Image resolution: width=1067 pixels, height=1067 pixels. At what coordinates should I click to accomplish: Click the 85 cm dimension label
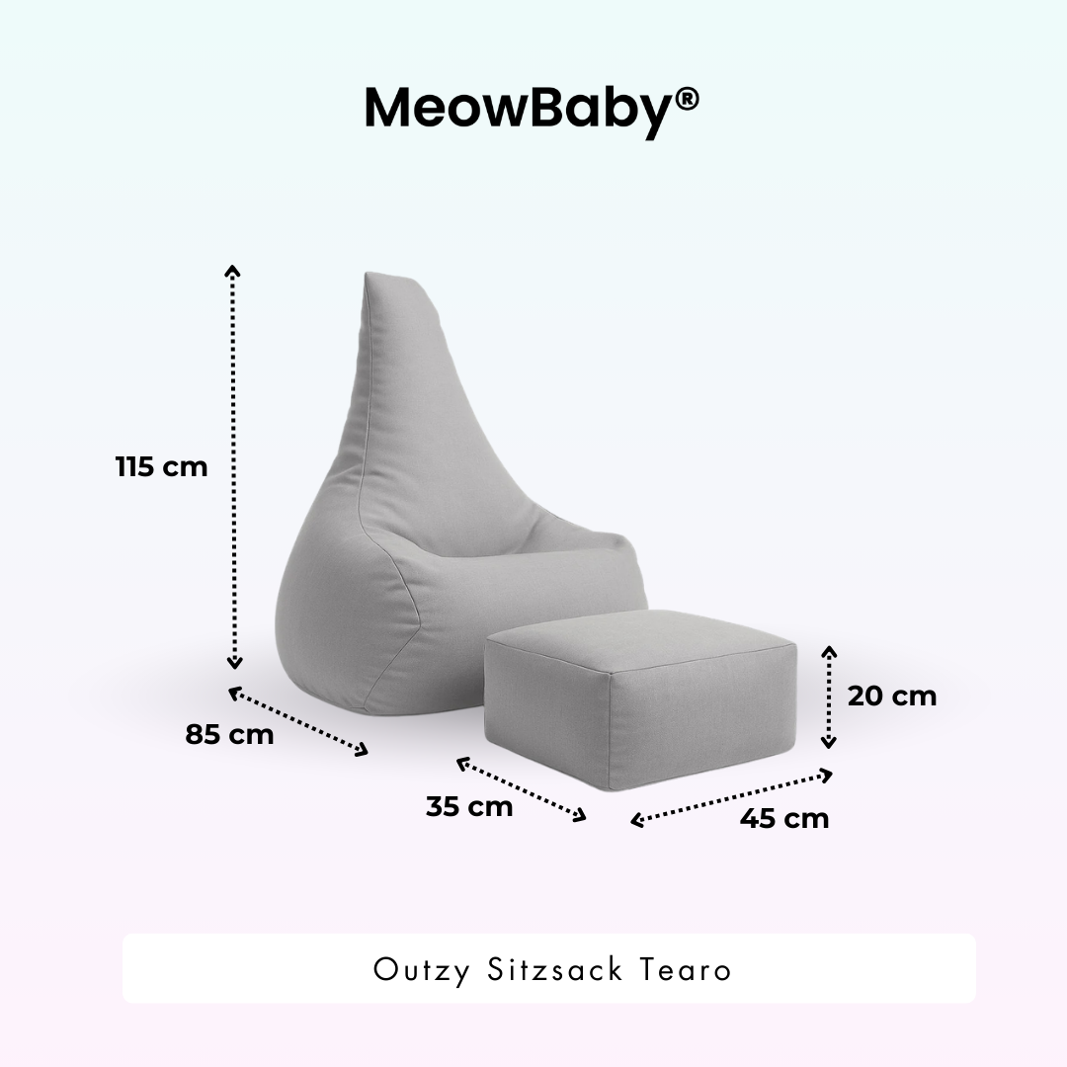tap(229, 735)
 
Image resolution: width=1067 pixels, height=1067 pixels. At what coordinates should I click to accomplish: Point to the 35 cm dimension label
tap(469, 806)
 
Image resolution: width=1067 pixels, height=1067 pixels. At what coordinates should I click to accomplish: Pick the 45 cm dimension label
tap(784, 818)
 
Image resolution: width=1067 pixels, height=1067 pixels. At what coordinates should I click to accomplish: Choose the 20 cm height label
tap(891, 696)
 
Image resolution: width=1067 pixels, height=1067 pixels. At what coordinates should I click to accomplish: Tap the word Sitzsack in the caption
tap(555, 969)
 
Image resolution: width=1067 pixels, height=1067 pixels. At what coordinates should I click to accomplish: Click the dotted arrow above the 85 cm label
tap(298, 723)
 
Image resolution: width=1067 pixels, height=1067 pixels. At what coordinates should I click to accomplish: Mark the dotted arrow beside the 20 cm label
tap(830, 697)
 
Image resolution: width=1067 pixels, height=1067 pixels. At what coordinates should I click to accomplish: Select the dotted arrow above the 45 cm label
tap(732, 798)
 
